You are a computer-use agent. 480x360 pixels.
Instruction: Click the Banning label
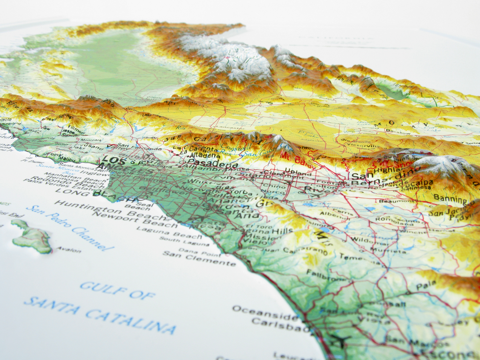pos(450,198)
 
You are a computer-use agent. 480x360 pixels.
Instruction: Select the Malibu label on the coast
pos(67,159)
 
